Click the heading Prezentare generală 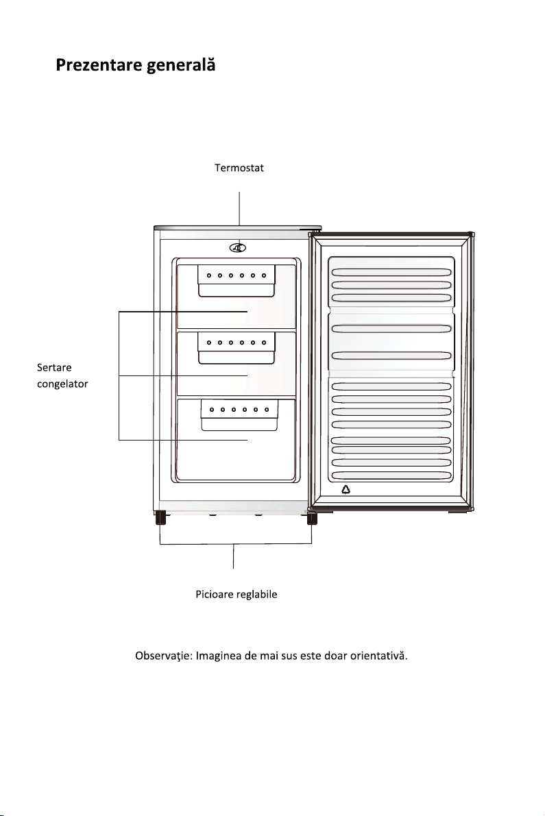pyautogui.click(x=135, y=65)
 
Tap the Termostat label pyautogui.click(x=239, y=168)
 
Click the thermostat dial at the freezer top pyautogui.click(x=238, y=248)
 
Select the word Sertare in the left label pyautogui.click(x=54, y=367)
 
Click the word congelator pyautogui.click(x=62, y=384)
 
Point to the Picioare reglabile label pyautogui.click(x=237, y=594)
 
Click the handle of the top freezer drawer pyautogui.click(x=237, y=281)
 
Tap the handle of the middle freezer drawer pyautogui.click(x=237, y=348)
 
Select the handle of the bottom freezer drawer pyautogui.click(x=239, y=415)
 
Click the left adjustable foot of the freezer pyautogui.click(x=160, y=518)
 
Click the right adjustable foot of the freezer pyautogui.click(x=312, y=519)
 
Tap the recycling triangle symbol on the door pyautogui.click(x=346, y=489)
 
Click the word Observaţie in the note pyautogui.click(x=164, y=656)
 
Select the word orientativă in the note pyautogui.click(x=378, y=656)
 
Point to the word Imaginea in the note pyautogui.click(x=219, y=656)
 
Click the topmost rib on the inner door pyautogui.click(x=391, y=272)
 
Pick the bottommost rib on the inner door pyautogui.click(x=391, y=475)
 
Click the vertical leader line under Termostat pyautogui.click(x=239, y=208)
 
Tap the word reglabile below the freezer pyautogui.click(x=256, y=594)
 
